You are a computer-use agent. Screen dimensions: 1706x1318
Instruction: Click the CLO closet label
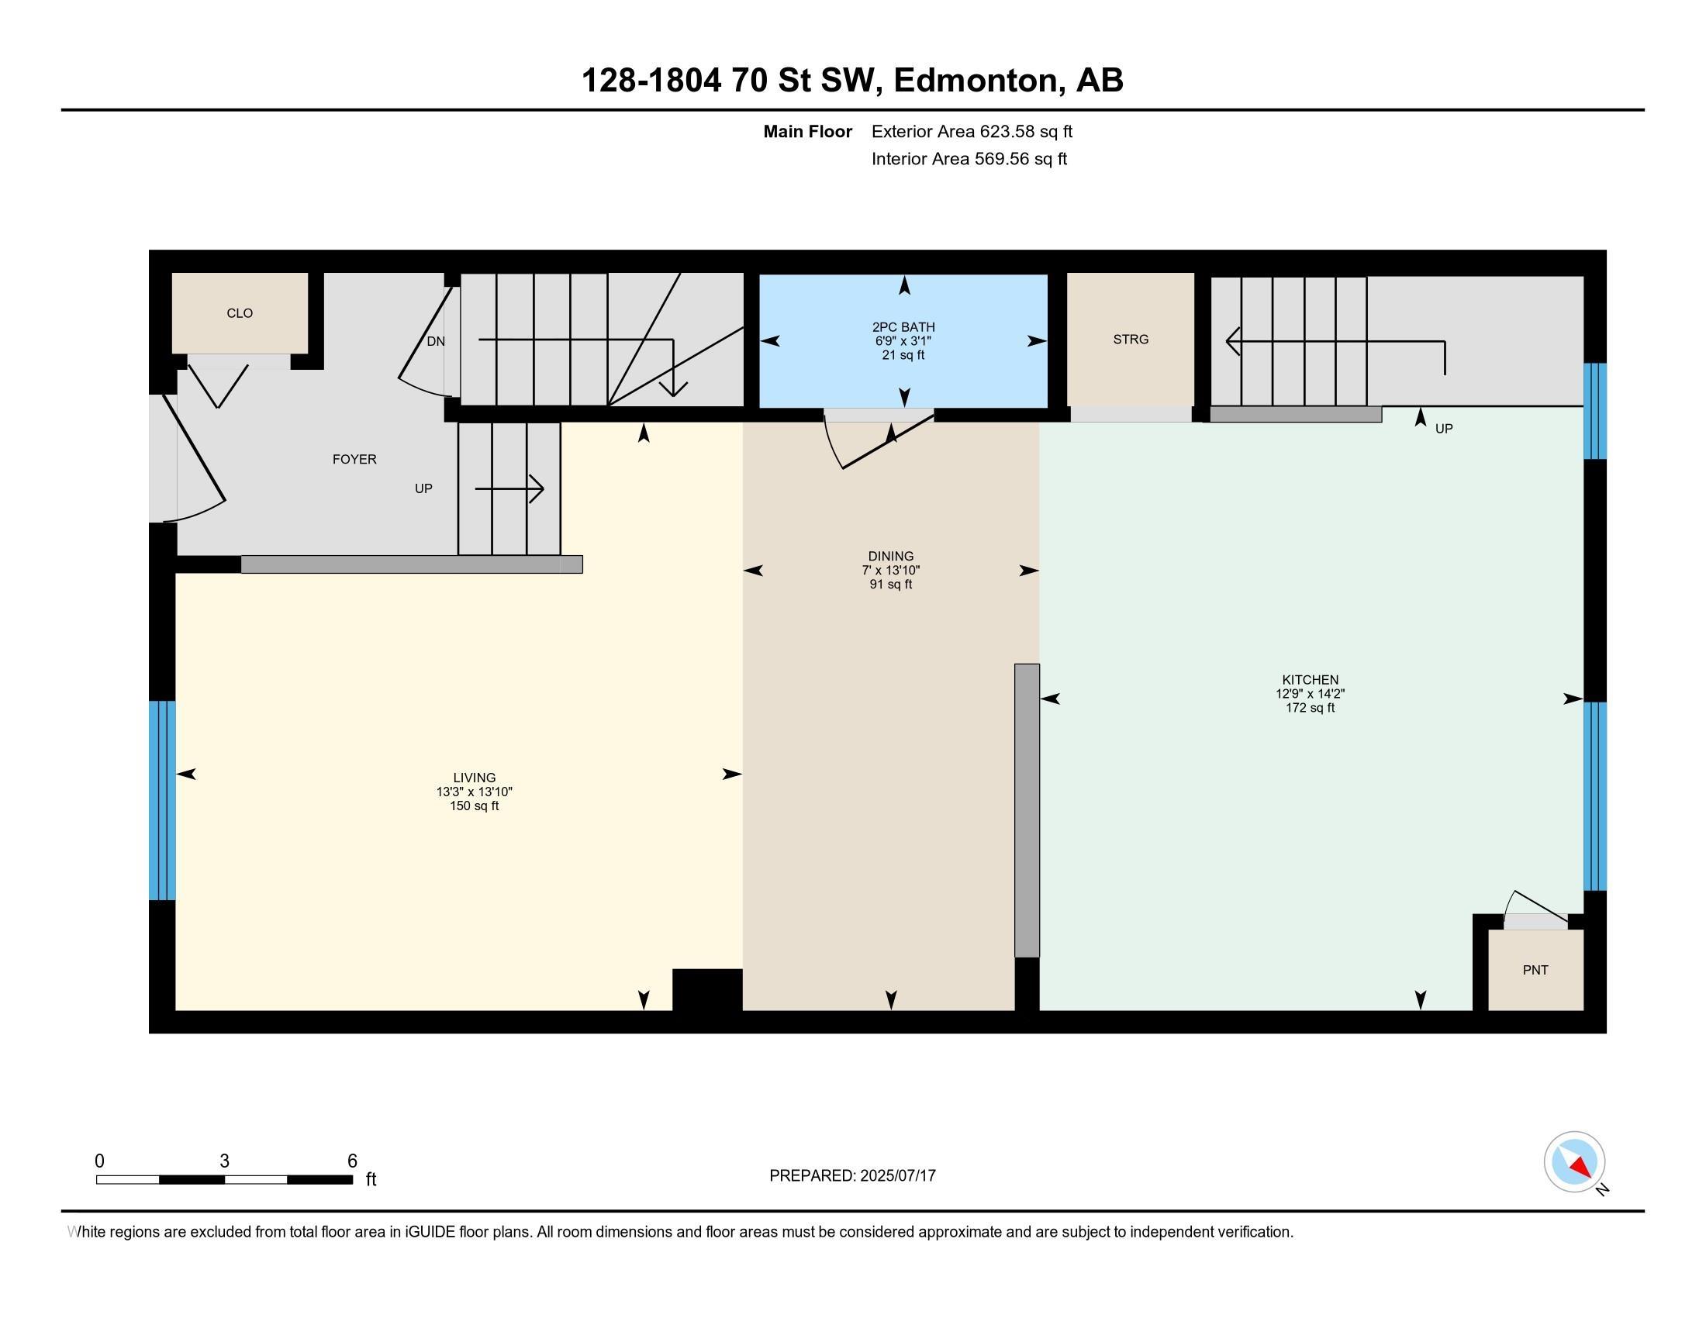pos(240,313)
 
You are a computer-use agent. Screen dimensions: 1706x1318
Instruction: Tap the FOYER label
pos(354,459)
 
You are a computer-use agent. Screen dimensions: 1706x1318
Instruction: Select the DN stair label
pos(436,341)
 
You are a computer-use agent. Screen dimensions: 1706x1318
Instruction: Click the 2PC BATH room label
pos(903,327)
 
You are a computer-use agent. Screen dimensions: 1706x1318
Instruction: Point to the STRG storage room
pos(1131,339)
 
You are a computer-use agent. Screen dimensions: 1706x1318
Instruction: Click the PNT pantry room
pos(1535,970)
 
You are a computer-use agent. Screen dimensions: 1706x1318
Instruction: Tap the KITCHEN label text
pos(1310,680)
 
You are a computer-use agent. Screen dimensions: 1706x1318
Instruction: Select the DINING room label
pos(890,557)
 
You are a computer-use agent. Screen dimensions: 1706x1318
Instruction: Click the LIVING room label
pos(474,778)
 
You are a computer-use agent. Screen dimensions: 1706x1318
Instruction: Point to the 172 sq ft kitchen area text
pos(1310,708)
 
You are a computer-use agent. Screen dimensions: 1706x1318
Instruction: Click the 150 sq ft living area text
pos(474,806)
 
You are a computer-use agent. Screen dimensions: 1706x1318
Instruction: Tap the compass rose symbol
pos(1575,1162)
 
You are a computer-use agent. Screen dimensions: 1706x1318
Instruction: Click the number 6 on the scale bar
pos(352,1161)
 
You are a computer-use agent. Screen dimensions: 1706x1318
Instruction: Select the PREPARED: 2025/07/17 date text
pos(852,1175)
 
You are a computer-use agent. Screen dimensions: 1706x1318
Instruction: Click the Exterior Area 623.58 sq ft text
pos(972,131)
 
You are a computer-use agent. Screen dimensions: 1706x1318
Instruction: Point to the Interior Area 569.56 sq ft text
pos(969,158)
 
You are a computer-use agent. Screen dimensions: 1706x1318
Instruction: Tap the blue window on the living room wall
pos(163,800)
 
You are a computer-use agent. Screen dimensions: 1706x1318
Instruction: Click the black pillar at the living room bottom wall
pos(707,990)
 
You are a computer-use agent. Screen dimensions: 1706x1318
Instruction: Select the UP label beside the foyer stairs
pos(423,488)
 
